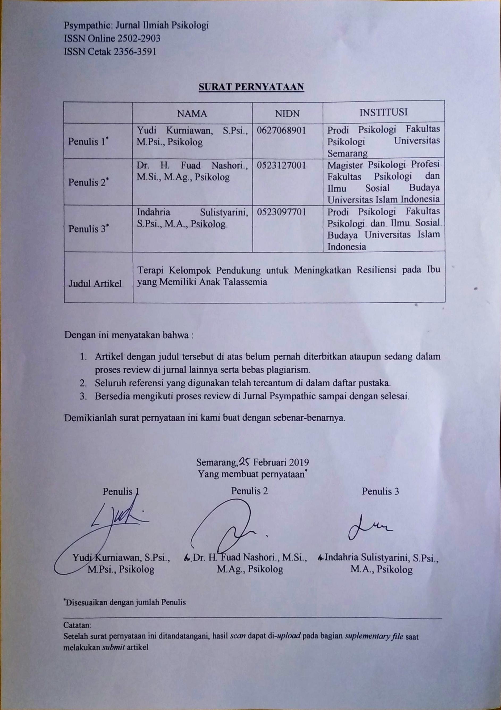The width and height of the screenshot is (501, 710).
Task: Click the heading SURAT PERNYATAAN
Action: [251, 87]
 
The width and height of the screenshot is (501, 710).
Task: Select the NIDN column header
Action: [288, 113]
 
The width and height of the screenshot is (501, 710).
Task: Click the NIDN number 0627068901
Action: [281, 130]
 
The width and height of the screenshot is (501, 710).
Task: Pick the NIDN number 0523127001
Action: [281, 166]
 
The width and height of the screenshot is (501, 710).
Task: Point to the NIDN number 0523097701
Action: [281, 212]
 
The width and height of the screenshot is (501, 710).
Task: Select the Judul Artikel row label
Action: [95, 284]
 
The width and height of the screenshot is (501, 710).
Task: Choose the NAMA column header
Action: [192, 113]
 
